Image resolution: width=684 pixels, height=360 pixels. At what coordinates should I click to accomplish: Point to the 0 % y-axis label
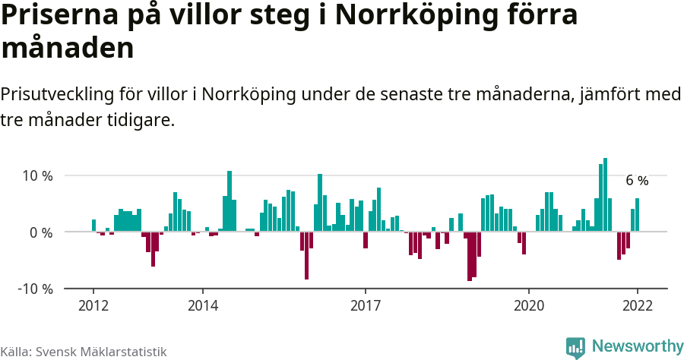pyautogui.click(x=40, y=232)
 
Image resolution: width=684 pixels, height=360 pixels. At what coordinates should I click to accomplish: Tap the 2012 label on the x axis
pyautogui.click(x=93, y=305)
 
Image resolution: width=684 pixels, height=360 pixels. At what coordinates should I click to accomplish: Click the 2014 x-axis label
pyautogui.click(x=202, y=305)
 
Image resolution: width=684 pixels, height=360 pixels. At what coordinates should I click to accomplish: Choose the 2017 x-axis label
pyautogui.click(x=366, y=305)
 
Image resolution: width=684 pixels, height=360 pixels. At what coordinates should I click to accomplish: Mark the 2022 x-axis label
pyautogui.click(x=637, y=305)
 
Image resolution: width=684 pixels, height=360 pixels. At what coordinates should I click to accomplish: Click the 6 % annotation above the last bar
pyautogui.click(x=637, y=181)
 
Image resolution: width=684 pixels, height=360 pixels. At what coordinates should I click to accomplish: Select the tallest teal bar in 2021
pyautogui.click(x=605, y=194)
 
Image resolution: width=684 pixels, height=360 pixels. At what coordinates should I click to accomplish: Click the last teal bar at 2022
pyautogui.click(x=637, y=215)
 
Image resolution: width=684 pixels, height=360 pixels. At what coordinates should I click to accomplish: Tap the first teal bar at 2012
pyautogui.click(x=93, y=226)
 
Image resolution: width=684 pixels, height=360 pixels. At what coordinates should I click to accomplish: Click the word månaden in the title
pyautogui.click(x=68, y=49)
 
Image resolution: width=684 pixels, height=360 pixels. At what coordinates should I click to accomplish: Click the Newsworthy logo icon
pyautogui.click(x=575, y=347)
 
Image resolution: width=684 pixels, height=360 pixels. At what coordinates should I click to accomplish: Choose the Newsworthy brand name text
pyautogui.click(x=637, y=346)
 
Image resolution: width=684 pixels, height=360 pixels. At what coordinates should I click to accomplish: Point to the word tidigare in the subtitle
pyautogui.click(x=141, y=120)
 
